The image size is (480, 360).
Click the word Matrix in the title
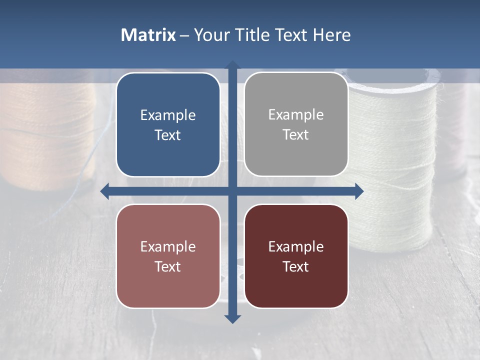point(148,35)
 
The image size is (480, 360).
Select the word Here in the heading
point(332,35)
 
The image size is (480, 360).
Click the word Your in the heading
point(210,35)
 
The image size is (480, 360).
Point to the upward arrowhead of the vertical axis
point(232,65)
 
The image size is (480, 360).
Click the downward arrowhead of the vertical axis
point(232,318)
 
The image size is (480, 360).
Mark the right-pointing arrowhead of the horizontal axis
point(358,191)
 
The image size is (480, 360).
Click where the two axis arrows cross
point(232,191)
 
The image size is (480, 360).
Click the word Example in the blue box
point(168,115)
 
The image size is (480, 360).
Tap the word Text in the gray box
point(296,135)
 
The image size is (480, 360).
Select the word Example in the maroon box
point(296,246)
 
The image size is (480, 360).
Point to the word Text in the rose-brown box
point(168,266)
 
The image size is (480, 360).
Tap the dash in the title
point(185,35)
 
